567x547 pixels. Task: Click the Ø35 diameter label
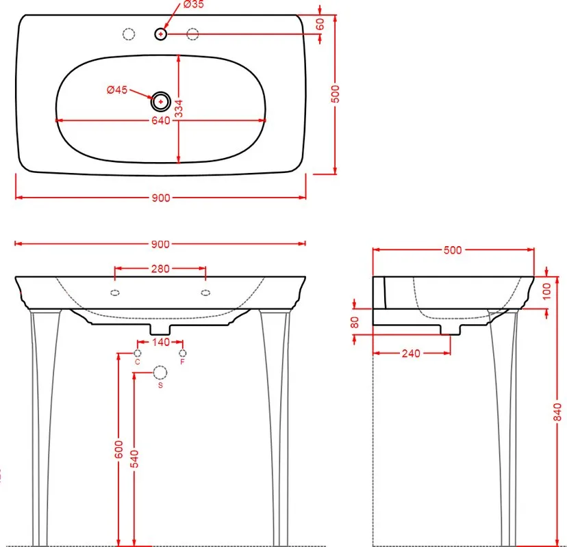pos(194,4)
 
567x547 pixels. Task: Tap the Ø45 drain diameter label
pos(117,90)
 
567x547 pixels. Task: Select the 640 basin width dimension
pos(161,120)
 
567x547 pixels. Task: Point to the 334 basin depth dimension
pos(179,109)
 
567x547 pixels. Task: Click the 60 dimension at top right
pos(320,24)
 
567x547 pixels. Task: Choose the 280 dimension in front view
pos(160,269)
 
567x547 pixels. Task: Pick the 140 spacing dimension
pos(161,342)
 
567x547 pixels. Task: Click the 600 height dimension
pos(118,449)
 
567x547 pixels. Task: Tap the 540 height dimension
pos(134,459)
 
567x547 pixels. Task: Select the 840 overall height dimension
pos(557,412)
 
